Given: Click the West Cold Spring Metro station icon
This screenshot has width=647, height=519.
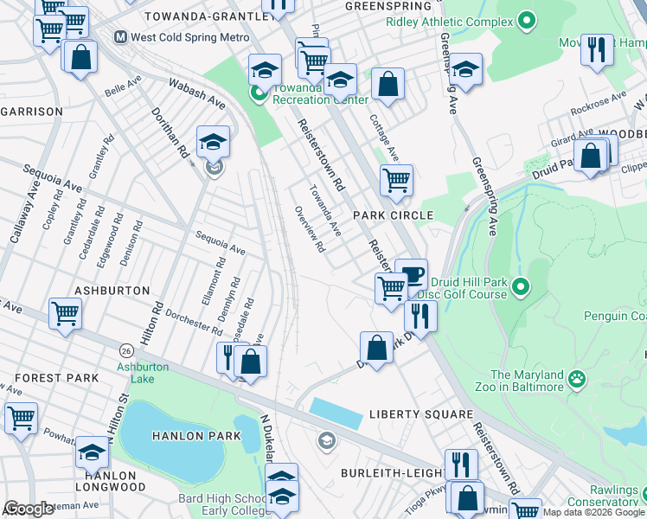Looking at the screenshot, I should click(122, 37).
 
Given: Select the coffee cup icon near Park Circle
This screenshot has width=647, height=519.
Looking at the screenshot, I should click(411, 274).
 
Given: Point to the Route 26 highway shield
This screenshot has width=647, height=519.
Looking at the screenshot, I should click(126, 350).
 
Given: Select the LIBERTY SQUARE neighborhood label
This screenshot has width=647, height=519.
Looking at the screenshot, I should click(420, 415).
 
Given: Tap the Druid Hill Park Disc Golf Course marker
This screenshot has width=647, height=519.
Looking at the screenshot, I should click(520, 285).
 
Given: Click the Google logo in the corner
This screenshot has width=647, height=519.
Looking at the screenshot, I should click(29, 509).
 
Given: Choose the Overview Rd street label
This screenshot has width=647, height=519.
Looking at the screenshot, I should click(309, 229).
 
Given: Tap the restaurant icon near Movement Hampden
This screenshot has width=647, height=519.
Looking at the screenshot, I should click(596, 50).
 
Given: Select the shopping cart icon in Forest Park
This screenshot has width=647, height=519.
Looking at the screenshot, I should click(22, 417).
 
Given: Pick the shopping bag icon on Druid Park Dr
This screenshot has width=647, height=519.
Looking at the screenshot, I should click(376, 347).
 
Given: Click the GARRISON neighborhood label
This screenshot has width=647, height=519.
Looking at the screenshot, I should click(32, 112).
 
